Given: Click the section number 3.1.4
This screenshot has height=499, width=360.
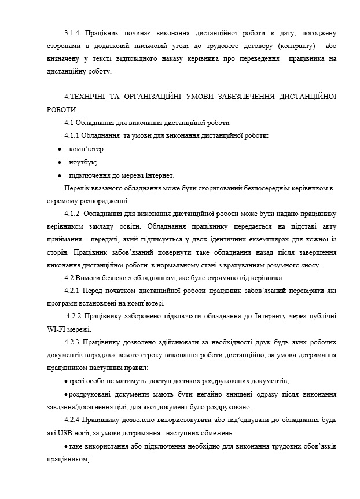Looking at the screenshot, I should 74,34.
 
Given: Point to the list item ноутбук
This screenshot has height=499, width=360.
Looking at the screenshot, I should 83,162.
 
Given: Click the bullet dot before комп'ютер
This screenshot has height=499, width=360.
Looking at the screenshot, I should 60,149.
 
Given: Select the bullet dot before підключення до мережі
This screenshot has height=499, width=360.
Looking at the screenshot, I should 60,175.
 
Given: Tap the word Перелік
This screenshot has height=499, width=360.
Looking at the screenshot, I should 76,189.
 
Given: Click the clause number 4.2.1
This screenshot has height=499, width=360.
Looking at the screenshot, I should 75,291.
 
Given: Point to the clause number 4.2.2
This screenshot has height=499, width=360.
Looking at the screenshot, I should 77,317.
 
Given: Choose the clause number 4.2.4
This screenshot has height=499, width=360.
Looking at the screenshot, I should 75,419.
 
